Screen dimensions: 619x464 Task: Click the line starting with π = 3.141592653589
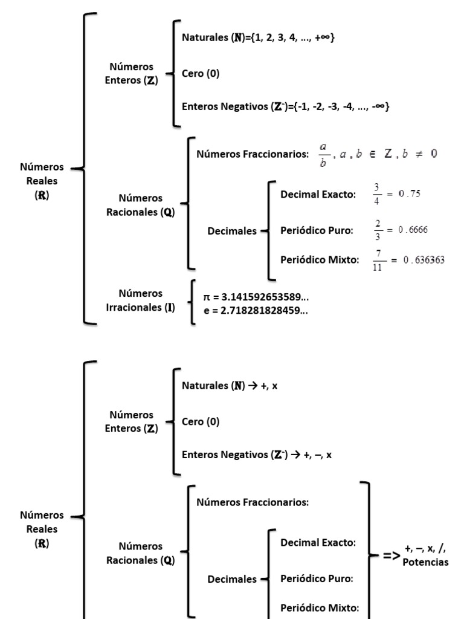click(x=257, y=297)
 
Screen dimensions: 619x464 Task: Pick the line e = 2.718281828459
click(x=256, y=310)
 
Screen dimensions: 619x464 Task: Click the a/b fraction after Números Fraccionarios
click(x=323, y=154)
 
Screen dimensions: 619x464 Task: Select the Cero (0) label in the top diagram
click(x=201, y=74)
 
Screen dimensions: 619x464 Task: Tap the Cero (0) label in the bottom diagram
click(x=201, y=422)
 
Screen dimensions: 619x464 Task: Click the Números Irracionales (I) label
click(x=141, y=300)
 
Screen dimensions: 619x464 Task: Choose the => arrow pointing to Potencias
click(x=390, y=555)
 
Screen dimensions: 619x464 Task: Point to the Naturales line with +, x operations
click(x=230, y=385)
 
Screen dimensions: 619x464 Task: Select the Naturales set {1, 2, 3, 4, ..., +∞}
click(x=258, y=37)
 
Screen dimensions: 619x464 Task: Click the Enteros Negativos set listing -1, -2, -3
click(x=285, y=106)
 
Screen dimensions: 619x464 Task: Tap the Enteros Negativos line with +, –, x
click(x=256, y=455)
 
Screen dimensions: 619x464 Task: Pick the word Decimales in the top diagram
click(x=232, y=231)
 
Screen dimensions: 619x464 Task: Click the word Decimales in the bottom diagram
click(x=232, y=579)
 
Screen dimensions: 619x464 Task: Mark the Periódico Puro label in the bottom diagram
click(x=317, y=578)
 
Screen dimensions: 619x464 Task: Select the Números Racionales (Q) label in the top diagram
click(x=141, y=205)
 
